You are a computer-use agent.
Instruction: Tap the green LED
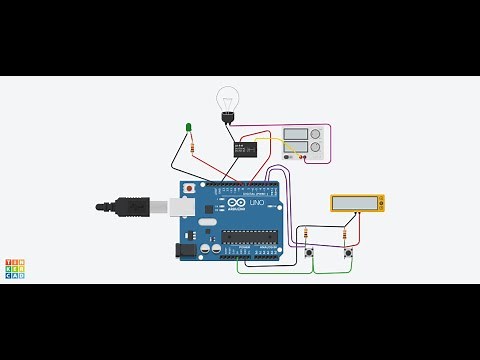click(188, 127)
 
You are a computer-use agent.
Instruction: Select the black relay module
click(244, 149)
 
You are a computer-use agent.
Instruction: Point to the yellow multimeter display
click(357, 203)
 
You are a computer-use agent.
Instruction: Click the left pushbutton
click(309, 252)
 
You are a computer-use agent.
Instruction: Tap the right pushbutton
click(348, 252)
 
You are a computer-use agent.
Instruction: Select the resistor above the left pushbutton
click(306, 236)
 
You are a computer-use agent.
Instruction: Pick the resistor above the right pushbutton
click(345, 236)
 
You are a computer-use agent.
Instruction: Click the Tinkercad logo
click(15, 268)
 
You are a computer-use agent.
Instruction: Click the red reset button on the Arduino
click(189, 188)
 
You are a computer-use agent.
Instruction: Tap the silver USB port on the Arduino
click(180, 207)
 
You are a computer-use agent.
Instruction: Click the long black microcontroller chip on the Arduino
click(249, 237)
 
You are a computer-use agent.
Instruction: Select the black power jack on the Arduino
click(186, 250)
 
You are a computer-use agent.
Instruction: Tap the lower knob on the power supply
click(316, 148)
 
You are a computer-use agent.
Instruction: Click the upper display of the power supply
click(296, 134)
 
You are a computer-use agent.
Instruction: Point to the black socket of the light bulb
click(228, 118)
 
